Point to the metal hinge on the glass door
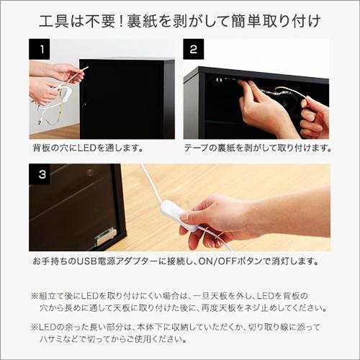(106, 235)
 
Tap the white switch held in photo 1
(66, 94)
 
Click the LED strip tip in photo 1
(86, 68)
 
